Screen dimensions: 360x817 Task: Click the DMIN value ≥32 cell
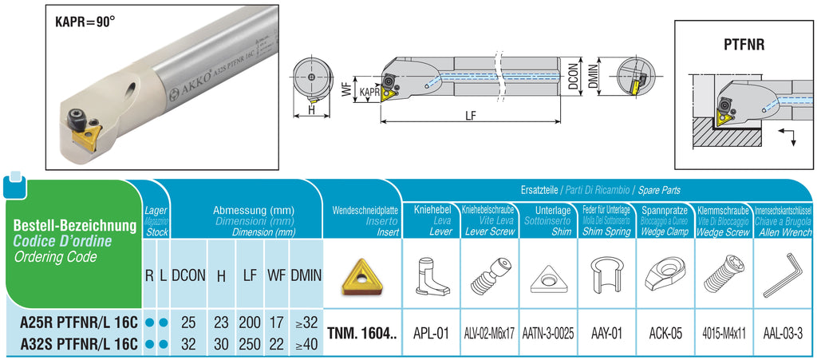pyautogui.click(x=306, y=323)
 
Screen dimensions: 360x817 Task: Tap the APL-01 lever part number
pyautogui.click(x=432, y=333)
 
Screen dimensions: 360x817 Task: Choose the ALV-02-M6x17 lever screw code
pyautogui.click(x=490, y=333)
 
